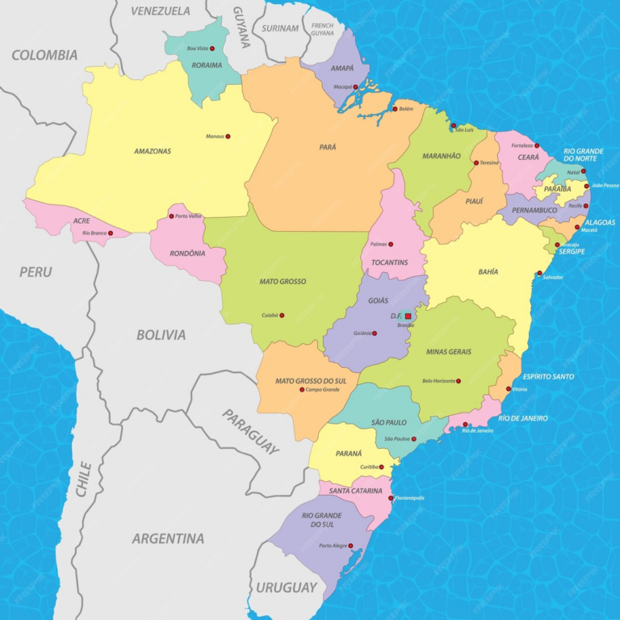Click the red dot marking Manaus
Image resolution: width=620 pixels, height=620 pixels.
228,136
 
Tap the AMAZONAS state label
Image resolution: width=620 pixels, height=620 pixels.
153,151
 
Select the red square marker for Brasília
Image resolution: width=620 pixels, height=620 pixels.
408,316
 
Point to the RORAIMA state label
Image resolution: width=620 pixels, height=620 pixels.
205,65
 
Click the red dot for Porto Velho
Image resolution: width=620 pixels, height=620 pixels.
171,216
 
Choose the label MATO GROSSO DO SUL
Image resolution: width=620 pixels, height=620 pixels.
308,380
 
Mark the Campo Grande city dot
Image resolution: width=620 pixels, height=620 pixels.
302,390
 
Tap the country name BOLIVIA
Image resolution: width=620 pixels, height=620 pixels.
161,334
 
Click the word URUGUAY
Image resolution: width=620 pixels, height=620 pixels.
287,587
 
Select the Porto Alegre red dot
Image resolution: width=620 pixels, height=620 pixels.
351,546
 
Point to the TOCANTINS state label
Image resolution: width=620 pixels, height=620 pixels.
390,262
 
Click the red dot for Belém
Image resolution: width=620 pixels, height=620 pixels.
395,109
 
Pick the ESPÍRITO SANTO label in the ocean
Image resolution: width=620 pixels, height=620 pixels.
548,376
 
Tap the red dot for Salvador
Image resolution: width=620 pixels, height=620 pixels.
539,273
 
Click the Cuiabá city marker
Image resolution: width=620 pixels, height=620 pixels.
282,316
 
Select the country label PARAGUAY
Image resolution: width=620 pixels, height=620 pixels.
251,432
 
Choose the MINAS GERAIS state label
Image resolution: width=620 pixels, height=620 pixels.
449,351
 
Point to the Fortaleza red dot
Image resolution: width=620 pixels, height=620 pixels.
537,146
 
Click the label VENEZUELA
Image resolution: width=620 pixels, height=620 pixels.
161,10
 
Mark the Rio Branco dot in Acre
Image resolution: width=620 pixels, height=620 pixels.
111,233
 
